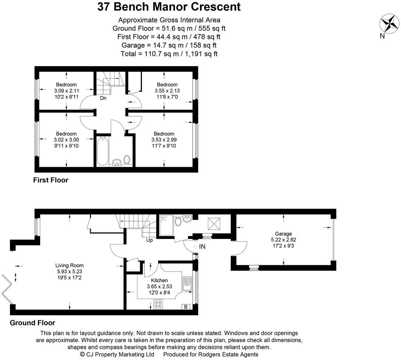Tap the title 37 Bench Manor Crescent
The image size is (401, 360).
click(x=169, y=7)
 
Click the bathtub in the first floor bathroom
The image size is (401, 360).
click(x=102, y=152)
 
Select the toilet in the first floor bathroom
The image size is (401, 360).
click(x=127, y=160)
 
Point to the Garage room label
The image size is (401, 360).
click(x=283, y=234)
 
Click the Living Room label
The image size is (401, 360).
click(x=69, y=265)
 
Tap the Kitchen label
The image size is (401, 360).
click(x=159, y=280)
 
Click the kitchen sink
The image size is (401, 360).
click(x=188, y=283)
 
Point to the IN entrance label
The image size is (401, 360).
click(x=202, y=246)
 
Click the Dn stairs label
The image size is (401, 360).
click(x=104, y=98)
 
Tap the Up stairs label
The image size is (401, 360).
click(x=150, y=240)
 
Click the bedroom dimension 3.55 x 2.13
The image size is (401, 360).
click(x=167, y=90)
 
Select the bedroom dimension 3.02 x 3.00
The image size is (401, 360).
click(x=66, y=139)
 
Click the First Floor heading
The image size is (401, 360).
click(x=50, y=180)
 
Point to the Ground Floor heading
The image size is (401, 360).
click(x=32, y=323)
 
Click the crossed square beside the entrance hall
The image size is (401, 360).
click(x=213, y=224)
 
